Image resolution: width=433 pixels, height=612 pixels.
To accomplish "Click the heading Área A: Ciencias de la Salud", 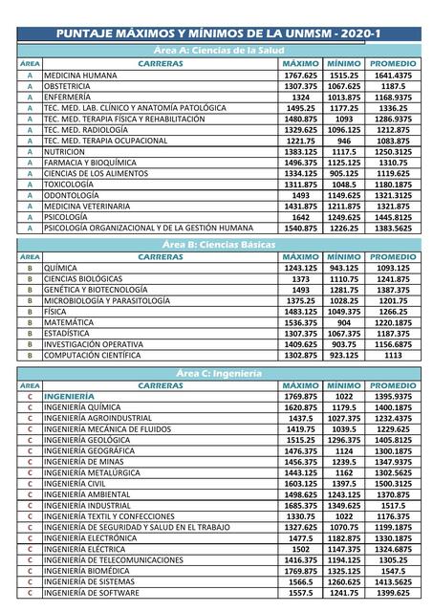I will (x=219, y=50).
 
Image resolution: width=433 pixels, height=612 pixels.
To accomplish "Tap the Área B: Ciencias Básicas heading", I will (x=219, y=245).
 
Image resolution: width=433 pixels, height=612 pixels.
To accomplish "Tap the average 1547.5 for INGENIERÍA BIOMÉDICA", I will (x=393, y=569).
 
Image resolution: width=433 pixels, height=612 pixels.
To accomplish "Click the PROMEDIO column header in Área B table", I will (x=393, y=257).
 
